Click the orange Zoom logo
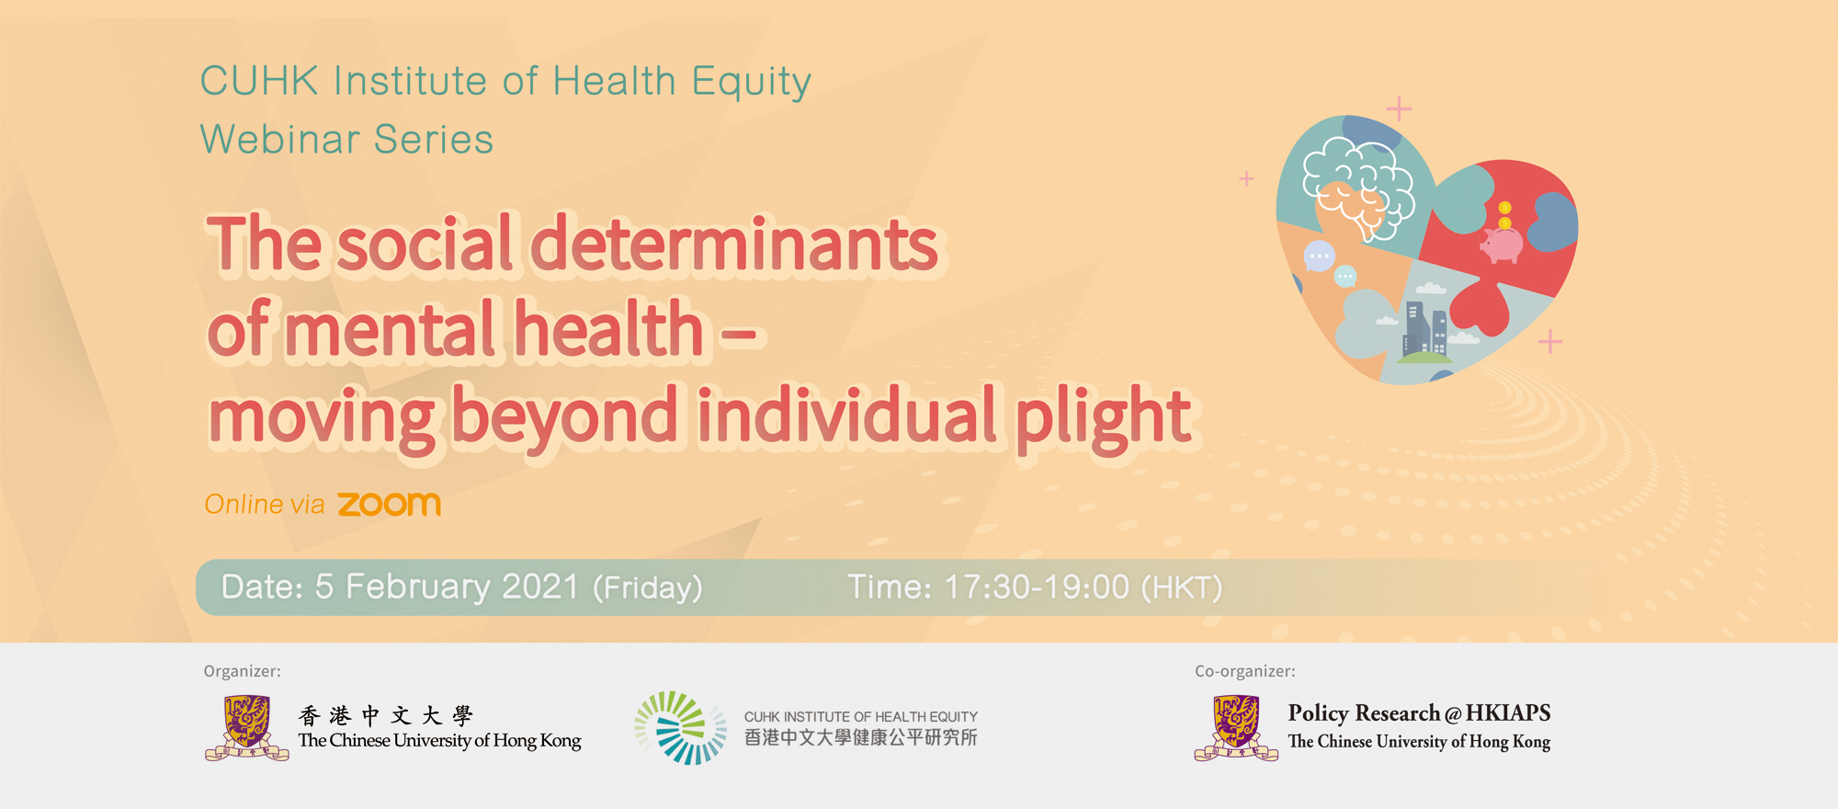coord(389,504)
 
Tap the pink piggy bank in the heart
coord(1502,245)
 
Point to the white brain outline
coord(1358,188)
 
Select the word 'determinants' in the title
coord(735,245)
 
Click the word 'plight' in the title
coord(1104,418)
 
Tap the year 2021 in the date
coord(540,587)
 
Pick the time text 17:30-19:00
coord(1037,587)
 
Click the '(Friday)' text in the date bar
coord(648,587)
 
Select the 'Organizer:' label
coord(243,671)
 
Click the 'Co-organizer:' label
coord(1245,671)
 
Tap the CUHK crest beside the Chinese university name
coord(246,728)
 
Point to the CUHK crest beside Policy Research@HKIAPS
coord(1236,728)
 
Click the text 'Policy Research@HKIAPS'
coord(1419,713)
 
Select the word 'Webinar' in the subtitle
coord(280,140)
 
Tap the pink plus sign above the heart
coord(1399,109)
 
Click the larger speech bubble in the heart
coord(1319,256)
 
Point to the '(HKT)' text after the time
coord(1182,587)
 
